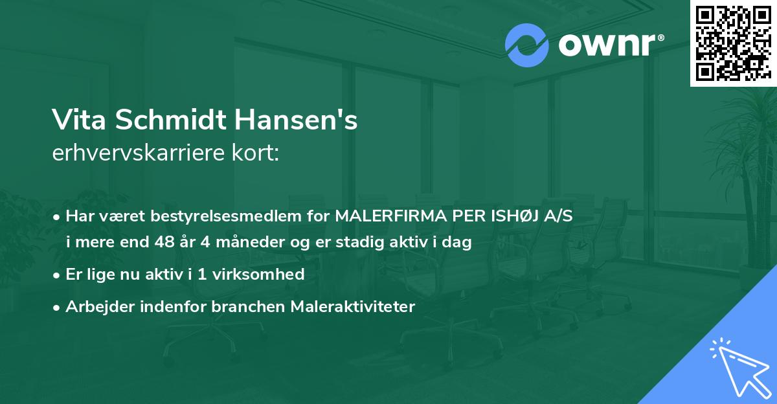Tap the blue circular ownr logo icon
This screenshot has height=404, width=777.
[x=527, y=45]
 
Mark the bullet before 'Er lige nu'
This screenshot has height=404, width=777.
[x=58, y=275]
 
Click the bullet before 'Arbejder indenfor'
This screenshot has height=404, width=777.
[x=58, y=306]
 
